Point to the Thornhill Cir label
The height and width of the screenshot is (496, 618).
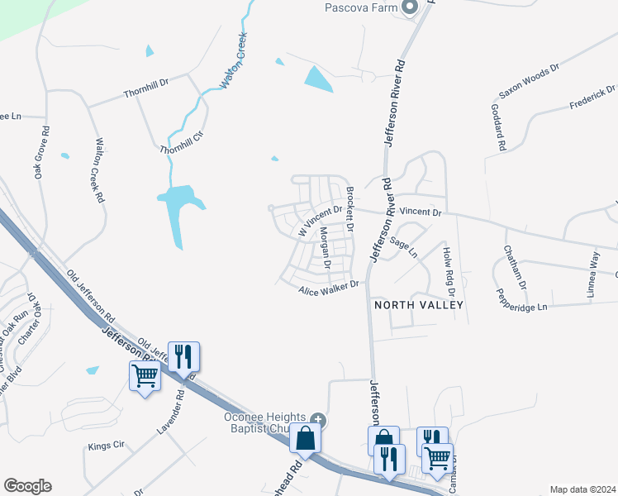tap(181, 143)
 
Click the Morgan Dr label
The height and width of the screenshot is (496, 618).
tap(325, 249)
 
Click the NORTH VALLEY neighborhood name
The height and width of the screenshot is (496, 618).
tap(419, 305)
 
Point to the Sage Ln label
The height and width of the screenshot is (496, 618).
tap(404, 247)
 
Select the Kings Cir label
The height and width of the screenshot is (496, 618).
tap(106, 446)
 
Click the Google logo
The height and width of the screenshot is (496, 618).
tap(27, 486)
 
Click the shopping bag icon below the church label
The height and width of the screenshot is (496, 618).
tap(306, 438)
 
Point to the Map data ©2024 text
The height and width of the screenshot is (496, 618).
tap(582, 489)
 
